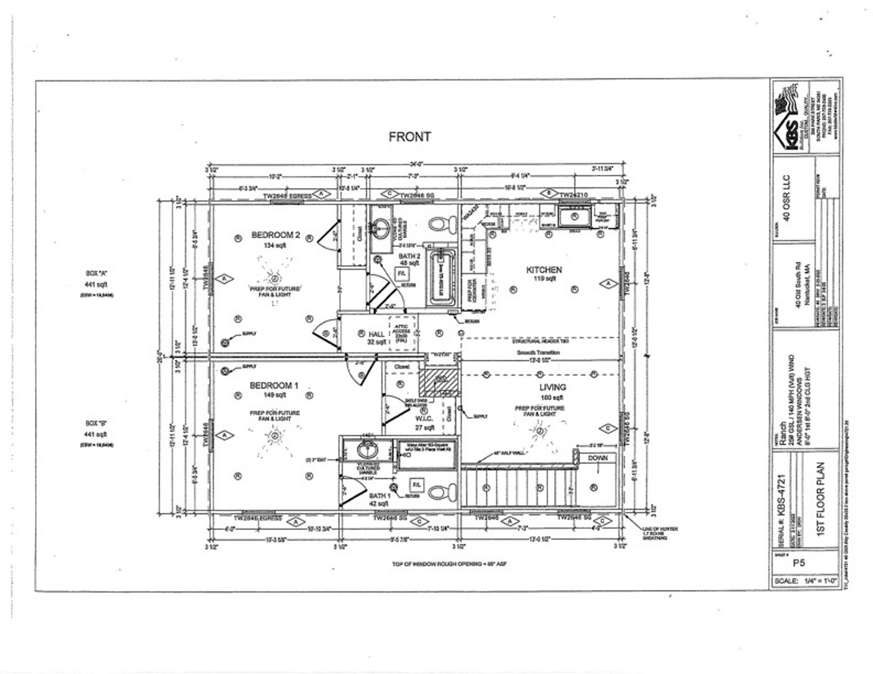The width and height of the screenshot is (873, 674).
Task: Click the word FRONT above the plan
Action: point(409,137)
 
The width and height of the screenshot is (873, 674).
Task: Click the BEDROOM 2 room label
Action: point(275,235)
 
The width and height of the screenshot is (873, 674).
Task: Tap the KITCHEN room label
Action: point(544,270)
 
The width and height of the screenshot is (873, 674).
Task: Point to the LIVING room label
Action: point(552,387)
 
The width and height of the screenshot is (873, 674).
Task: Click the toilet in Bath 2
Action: point(442,224)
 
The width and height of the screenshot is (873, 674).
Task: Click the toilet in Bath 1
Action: point(442,493)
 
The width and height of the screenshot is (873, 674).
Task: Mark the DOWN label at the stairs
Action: point(598,458)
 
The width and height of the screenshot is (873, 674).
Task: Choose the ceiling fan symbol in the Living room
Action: point(539,431)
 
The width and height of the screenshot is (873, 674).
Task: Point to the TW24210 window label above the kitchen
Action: point(573,195)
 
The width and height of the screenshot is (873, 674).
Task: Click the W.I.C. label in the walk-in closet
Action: point(423,418)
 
